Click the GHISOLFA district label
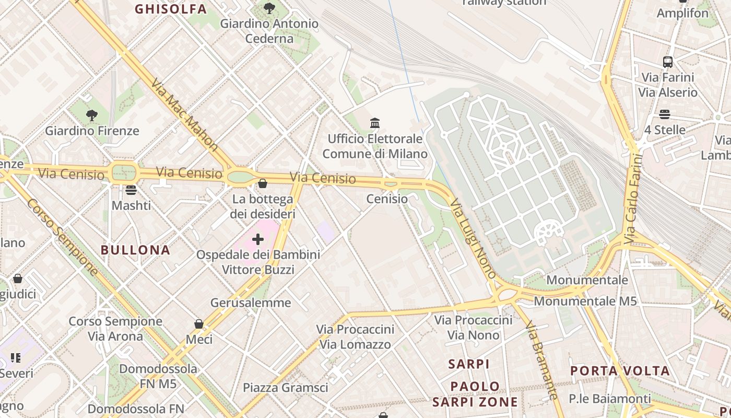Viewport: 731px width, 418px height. click(x=171, y=9)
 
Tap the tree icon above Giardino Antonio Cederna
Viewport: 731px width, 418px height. click(x=269, y=8)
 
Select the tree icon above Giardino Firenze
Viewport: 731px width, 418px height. click(x=92, y=115)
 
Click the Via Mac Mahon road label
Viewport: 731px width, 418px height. click(x=184, y=115)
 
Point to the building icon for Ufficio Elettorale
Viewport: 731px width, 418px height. click(x=375, y=123)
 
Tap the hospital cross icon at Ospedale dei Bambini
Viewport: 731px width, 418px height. click(x=258, y=239)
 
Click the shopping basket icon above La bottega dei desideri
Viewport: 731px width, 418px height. click(x=263, y=183)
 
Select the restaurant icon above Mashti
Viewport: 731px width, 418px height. click(x=131, y=190)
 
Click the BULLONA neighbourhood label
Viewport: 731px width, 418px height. click(x=136, y=250)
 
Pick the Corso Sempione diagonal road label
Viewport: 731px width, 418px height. click(x=62, y=237)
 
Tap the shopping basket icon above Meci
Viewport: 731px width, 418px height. click(x=199, y=324)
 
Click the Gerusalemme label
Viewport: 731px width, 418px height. click(x=251, y=303)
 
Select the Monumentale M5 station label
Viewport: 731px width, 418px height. click(x=585, y=301)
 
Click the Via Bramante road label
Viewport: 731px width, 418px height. click(x=541, y=361)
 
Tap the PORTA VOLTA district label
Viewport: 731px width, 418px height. click(x=620, y=371)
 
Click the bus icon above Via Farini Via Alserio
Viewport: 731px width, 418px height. click(x=668, y=62)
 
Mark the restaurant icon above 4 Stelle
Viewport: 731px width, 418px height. click(x=665, y=114)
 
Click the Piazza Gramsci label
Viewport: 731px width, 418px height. click(x=286, y=388)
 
